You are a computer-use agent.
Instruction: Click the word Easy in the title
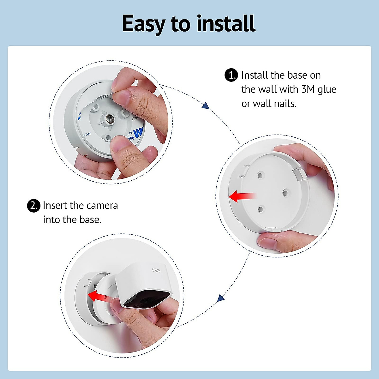pos(144,24)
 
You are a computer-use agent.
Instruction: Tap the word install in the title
pos(226,24)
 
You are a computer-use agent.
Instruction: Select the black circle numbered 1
pos(231,75)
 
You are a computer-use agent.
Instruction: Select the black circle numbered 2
pos(33,206)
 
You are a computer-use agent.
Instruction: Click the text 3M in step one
pos(308,89)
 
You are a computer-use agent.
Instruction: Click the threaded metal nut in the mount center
pos(109,119)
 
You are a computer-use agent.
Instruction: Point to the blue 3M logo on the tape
pos(138,133)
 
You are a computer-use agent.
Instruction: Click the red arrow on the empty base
pos(241,196)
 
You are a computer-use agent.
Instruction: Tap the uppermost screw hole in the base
pos(260,175)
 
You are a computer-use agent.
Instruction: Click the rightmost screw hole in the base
pos(285,192)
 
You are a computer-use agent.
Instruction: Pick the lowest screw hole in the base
pos(261,209)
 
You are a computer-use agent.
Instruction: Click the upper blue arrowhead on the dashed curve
pos(206,105)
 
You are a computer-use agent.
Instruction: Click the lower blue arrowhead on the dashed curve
pos(221,298)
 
